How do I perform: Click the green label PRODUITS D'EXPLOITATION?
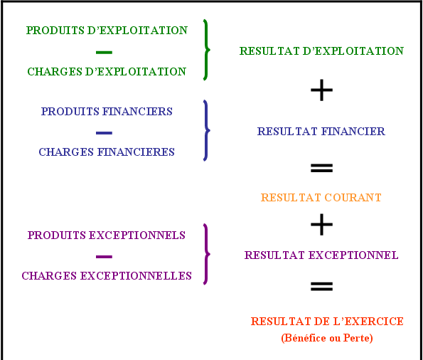[107, 31]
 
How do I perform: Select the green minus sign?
[104, 52]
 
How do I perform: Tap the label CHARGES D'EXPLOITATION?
[107, 72]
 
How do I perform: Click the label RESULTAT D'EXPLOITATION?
[321, 51]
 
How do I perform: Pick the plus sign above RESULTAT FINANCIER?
[321, 90]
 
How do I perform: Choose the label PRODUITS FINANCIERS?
[107, 112]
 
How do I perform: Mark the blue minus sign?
[104, 133]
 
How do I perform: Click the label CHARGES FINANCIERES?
[107, 152]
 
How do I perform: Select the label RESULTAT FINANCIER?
[321, 132]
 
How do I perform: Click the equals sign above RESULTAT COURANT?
[321, 168]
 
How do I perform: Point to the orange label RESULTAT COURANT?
[321, 197]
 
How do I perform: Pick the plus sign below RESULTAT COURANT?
[321, 224]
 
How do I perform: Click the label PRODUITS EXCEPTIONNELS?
[107, 235]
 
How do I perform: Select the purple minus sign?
[104, 257]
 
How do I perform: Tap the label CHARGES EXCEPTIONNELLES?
[107, 276]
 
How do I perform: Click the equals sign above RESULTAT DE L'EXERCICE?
[321, 286]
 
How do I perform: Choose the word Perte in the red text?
[356, 338]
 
